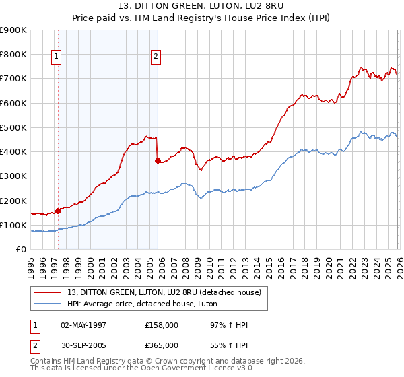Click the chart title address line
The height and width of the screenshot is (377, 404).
[201, 6]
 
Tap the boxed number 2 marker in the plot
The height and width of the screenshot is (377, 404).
[156, 57]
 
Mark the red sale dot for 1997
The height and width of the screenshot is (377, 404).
[59, 210]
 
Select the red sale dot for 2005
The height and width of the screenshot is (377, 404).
[158, 160]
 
